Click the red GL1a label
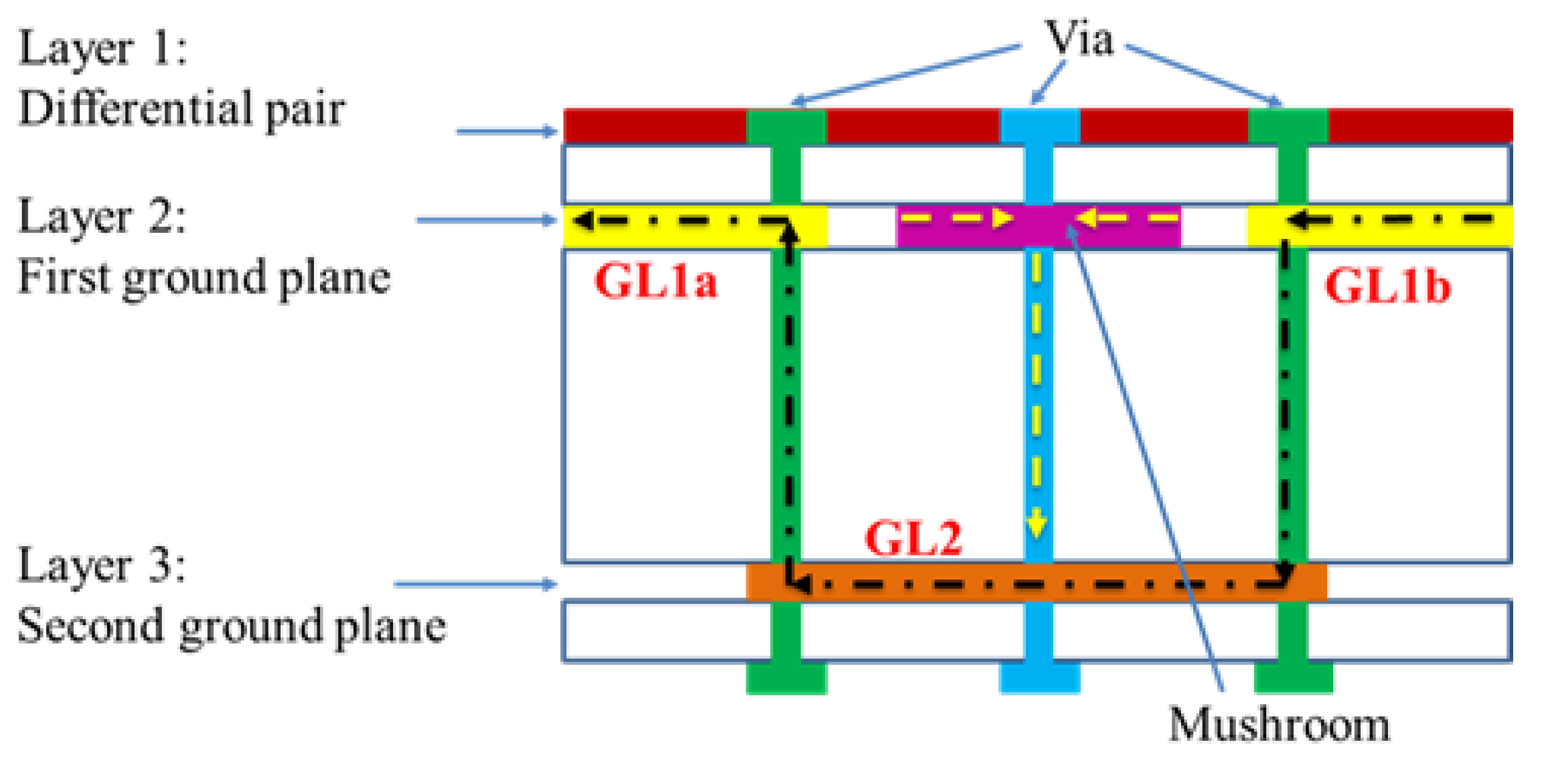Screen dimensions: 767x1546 (x=655, y=281)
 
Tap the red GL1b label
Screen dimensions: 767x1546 (x=1387, y=286)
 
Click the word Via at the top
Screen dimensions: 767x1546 (x=1079, y=39)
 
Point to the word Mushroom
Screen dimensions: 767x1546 (x=1279, y=725)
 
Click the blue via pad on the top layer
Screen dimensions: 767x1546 (x=1039, y=126)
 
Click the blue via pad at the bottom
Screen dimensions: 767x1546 (x=1039, y=677)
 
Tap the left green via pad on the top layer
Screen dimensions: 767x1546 (x=786, y=126)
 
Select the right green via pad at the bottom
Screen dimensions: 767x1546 (x=1293, y=677)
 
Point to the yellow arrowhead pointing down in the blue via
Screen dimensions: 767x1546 (x=1036, y=524)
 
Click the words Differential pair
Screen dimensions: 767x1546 (x=181, y=108)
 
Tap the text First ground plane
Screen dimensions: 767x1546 (x=204, y=277)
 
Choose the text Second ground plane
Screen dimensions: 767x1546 (x=231, y=626)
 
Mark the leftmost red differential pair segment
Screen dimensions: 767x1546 (x=654, y=126)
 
